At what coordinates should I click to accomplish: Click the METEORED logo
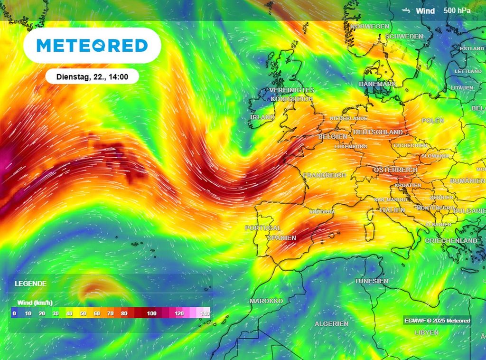92,46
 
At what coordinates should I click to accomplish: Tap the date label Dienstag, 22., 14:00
92,76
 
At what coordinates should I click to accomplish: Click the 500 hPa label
457,10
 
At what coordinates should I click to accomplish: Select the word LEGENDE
30,284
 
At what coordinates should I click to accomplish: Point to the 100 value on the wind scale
152,313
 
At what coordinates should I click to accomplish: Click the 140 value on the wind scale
205,313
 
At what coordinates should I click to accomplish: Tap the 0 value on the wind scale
15,313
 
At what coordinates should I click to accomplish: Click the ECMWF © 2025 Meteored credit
437,321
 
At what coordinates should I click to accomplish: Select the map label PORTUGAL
263,228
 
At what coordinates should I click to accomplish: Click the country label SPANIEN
282,238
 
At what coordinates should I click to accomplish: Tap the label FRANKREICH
325,175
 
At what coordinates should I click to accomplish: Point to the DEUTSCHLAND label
378,132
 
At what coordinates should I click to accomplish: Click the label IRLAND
262,117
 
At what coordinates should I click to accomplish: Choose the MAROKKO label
266,301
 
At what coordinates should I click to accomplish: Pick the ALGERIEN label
331,323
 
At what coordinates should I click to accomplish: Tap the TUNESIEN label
371,281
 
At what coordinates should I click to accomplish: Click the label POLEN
432,121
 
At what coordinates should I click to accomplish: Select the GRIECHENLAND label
451,241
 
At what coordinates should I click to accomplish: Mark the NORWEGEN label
369,27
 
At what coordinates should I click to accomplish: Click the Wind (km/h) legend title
35,303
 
